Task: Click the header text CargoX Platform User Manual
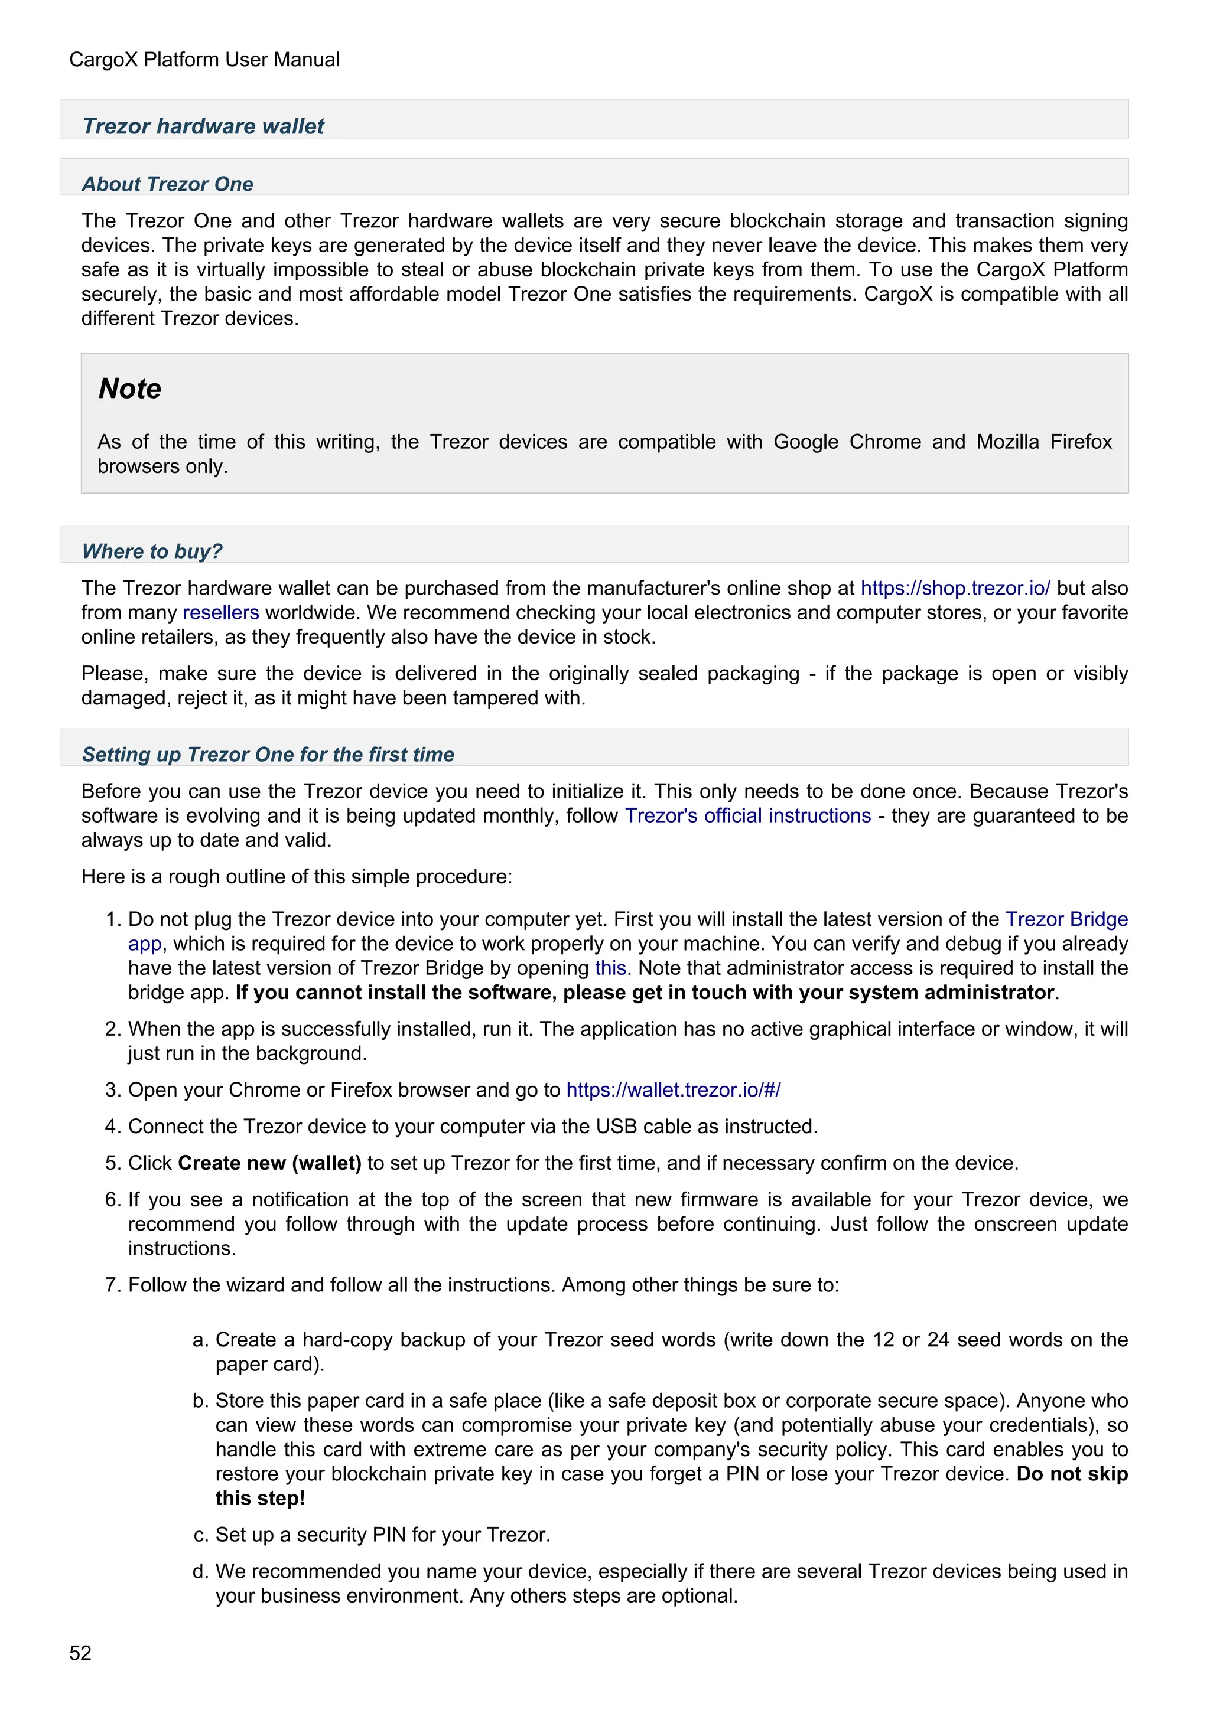(204, 60)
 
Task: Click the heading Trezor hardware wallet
(203, 126)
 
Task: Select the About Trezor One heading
(168, 184)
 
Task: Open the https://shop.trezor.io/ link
(955, 588)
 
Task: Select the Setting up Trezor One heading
(268, 755)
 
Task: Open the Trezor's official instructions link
(747, 816)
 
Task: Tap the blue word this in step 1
(610, 968)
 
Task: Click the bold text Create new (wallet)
(270, 1163)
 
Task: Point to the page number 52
(80, 1653)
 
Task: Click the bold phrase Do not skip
(1071, 1474)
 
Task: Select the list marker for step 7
(112, 1285)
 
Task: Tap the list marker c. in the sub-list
(200, 1535)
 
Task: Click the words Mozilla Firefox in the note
(1044, 442)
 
